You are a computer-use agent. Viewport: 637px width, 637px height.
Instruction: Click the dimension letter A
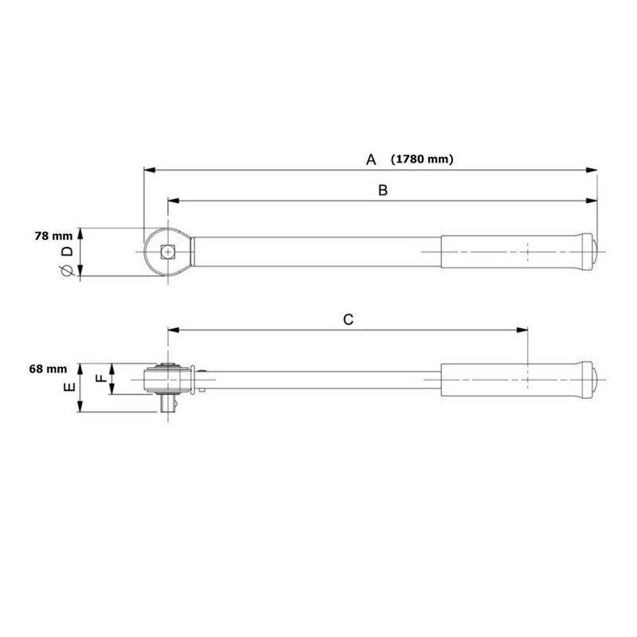click(x=370, y=160)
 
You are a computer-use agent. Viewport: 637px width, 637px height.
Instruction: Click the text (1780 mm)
click(x=422, y=159)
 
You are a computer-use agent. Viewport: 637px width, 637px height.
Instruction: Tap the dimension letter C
click(x=348, y=319)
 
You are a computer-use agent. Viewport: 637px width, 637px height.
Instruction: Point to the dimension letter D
click(x=67, y=252)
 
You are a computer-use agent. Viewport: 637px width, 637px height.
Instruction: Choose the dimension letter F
click(x=100, y=380)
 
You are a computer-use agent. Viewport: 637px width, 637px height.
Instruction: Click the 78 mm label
click(x=53, y=236)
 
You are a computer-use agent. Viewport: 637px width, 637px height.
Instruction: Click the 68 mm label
click(x=47, y=369)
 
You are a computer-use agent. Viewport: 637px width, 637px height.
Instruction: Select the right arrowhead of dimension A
click(x=592, y=170)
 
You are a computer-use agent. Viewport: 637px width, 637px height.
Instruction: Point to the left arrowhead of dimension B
click(x=173, y=200)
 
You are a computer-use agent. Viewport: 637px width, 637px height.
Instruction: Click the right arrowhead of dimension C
click(x=522, y=330)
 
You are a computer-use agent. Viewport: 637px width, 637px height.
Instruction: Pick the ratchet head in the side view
click(x=167, y=377)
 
